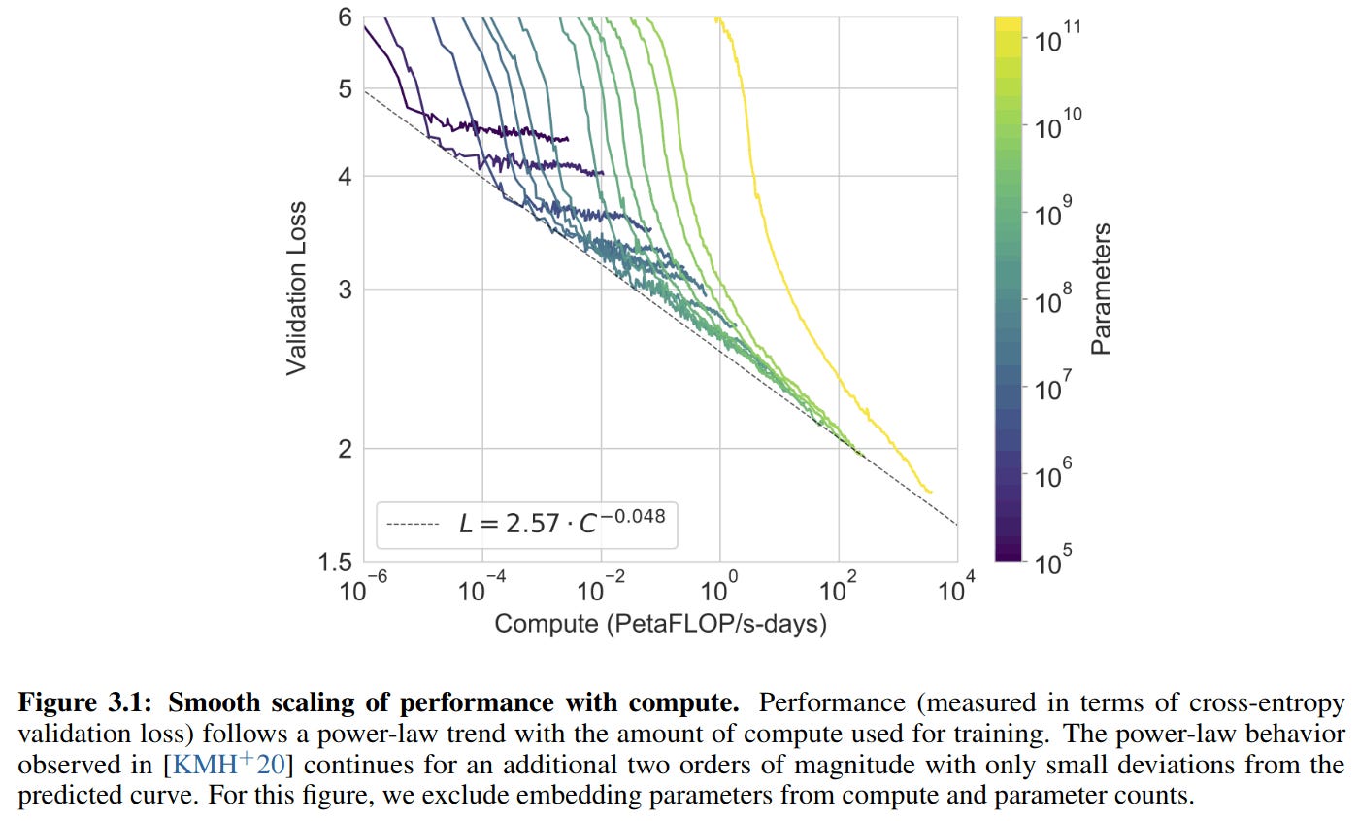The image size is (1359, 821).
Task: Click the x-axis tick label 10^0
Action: coord(720,589)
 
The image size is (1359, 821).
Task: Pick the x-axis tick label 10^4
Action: coord(957,589)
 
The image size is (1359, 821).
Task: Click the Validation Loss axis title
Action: coord(297,289)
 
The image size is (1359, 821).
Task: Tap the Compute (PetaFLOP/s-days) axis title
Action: coord(660,623)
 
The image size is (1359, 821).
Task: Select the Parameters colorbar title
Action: coord(1101,289)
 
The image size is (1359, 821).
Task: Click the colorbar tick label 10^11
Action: coord(1057,41)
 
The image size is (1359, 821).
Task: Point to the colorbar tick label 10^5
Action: coord(1053,561)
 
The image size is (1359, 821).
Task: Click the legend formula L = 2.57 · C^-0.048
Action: coord(562,524)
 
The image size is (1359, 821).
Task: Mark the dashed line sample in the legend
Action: coord(414,526)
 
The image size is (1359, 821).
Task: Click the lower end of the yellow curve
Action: coord(930,492)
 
